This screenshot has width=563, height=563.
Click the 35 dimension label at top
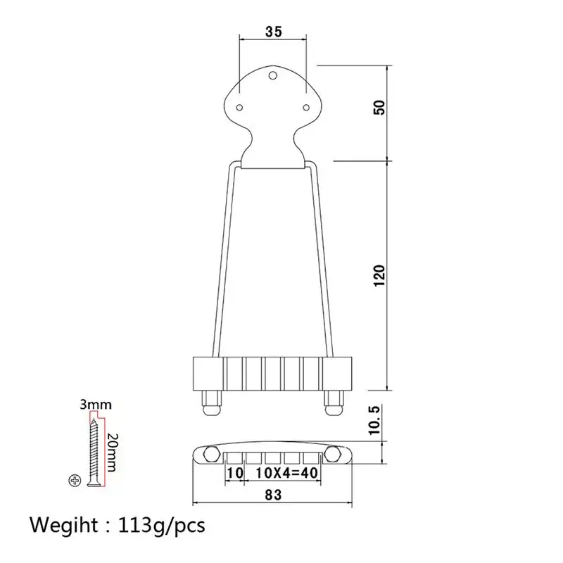274,32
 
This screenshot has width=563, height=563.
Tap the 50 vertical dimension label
379,108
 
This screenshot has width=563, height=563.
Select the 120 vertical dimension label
379,276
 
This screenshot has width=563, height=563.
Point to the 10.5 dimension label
374,420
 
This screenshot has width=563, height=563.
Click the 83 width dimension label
273,495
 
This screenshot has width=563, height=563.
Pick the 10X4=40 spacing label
287,473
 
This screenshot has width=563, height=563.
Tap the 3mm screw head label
96,405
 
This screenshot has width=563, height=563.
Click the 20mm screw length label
112,453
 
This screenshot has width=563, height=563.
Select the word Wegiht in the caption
64,526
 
